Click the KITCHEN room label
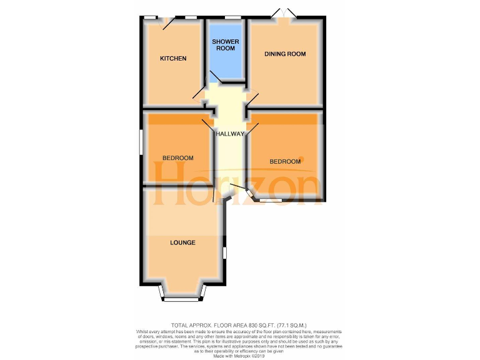pyautogui.click(x=173, y=59)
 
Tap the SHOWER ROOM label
pyautogui.click(x=225, y=45)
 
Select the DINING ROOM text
pyautogui.click(x=285, y=54)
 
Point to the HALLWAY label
pyautogui.click(x=230, y=134)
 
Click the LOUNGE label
pyautogui.click(x=182, y=242)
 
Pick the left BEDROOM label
pyautogui.click(x=177, y=158)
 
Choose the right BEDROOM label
pyautogui.click(x=285, y=162)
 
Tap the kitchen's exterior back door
pyautogui.click(x=168, y=22)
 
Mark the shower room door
pyautogui.click(x=215, y=78)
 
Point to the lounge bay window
pyautogui.click(x=182, y=299)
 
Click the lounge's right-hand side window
pyautogui.click(x=225, y=253)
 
